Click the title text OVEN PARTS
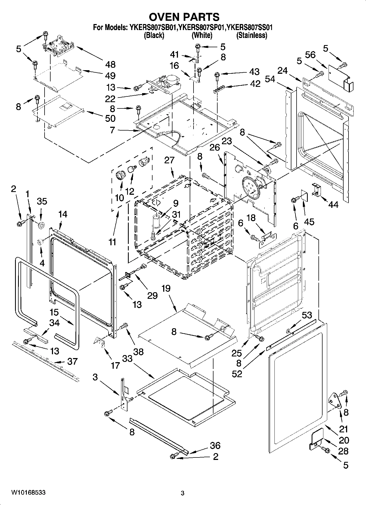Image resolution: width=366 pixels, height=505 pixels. [x=184, y=17]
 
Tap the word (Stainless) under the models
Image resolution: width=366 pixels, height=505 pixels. [x=252, y=35]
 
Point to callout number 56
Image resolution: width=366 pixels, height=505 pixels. [x=310, y=55]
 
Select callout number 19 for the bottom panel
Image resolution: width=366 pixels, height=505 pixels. [x=166, y=288]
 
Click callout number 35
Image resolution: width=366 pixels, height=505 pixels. [x=42, y=201]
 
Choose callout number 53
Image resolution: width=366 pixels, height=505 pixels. [x=306, y=315]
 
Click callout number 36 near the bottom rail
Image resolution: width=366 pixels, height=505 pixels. [x=215, y=445]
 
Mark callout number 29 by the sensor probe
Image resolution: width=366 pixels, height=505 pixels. [x=153, y=295]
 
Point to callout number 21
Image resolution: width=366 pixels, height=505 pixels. [x=343, y=429]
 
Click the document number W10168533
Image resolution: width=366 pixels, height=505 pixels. [x=28, y=492]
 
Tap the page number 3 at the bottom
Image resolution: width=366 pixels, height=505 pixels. [x=182, y=493]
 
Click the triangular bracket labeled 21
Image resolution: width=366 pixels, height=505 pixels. [x=334, y=400]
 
